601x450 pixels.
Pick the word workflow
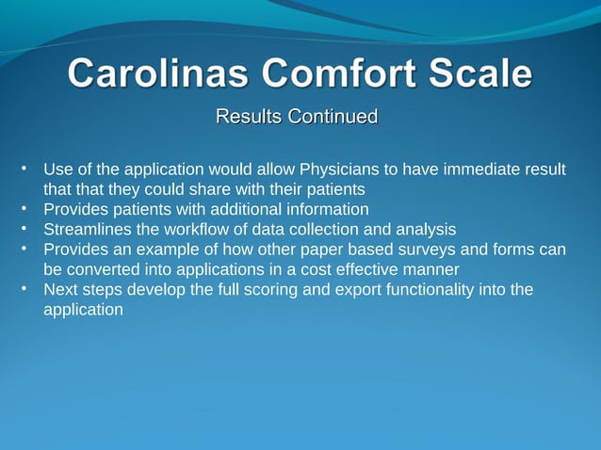[196, 229]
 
